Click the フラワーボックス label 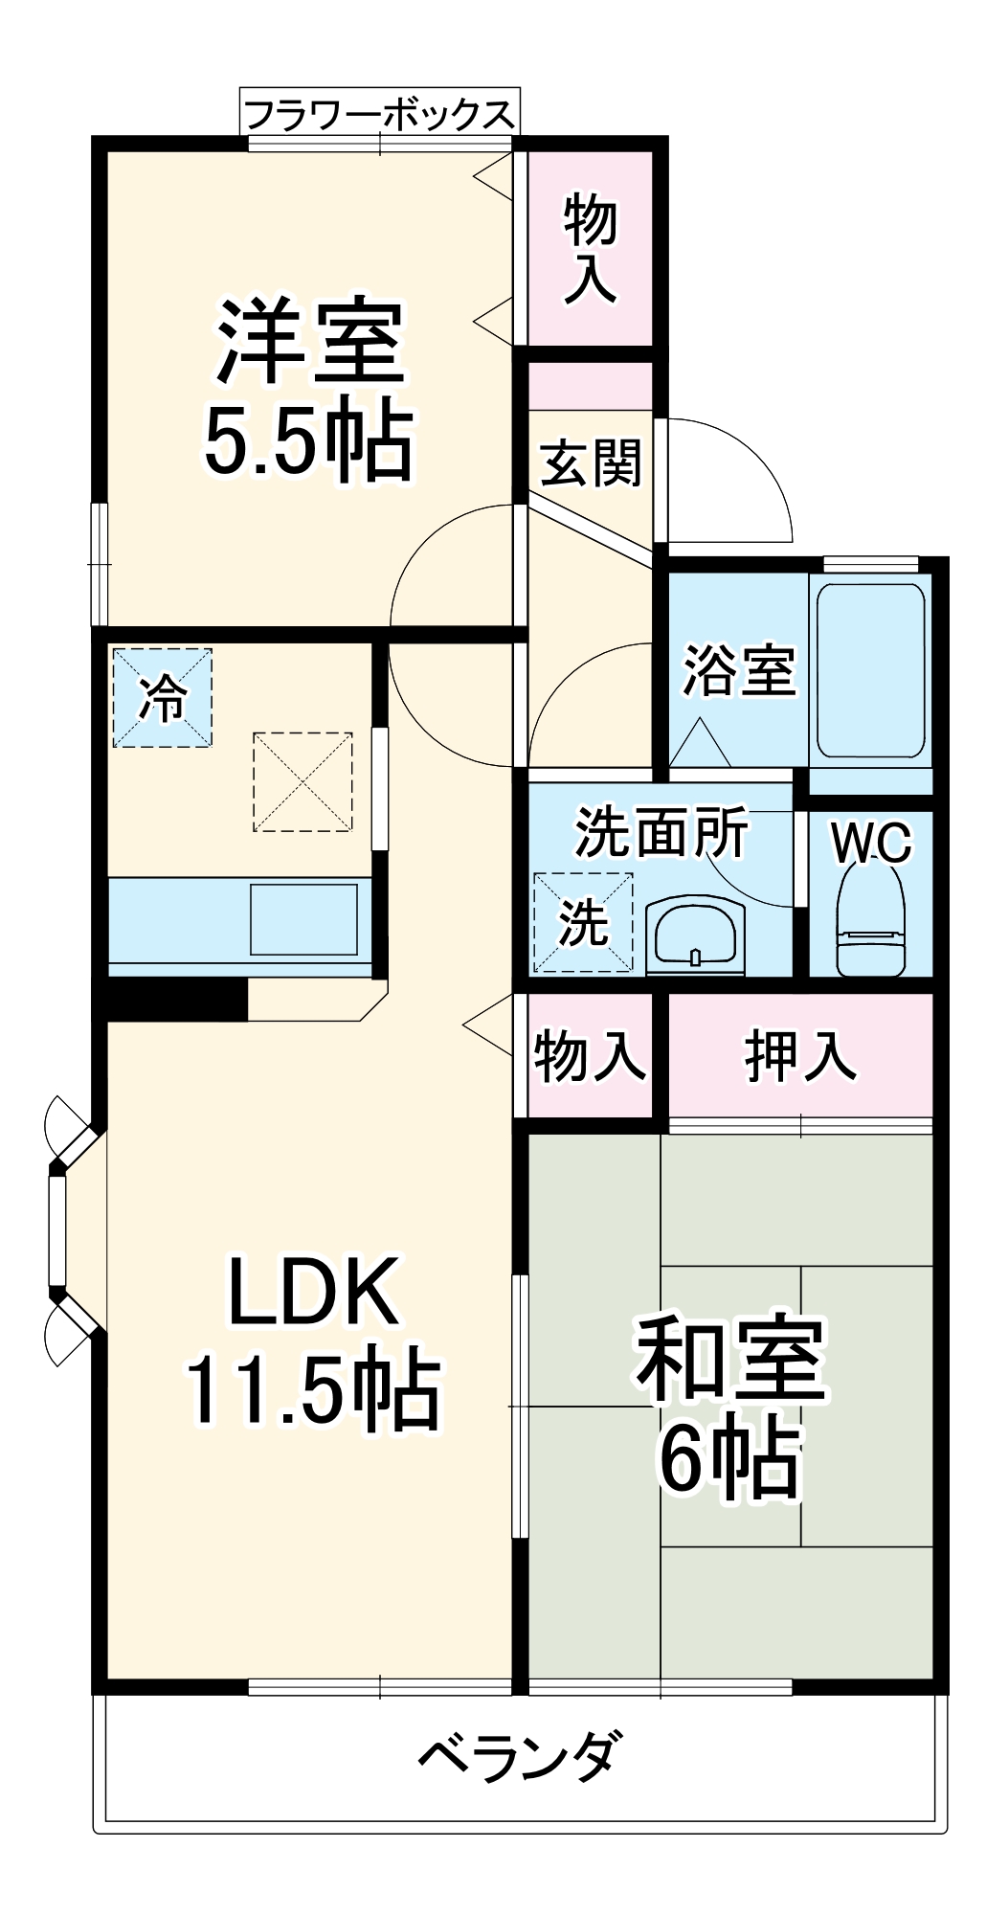379,115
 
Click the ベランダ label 520,1757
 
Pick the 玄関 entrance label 590,464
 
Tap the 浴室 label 738,670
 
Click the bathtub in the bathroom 870,670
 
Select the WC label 871,843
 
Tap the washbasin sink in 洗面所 695,935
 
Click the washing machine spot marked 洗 583,922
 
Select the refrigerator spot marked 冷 163,697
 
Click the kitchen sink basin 303,919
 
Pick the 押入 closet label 799,1055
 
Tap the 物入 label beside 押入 589,1056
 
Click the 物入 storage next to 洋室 590,247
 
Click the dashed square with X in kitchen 303,781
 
